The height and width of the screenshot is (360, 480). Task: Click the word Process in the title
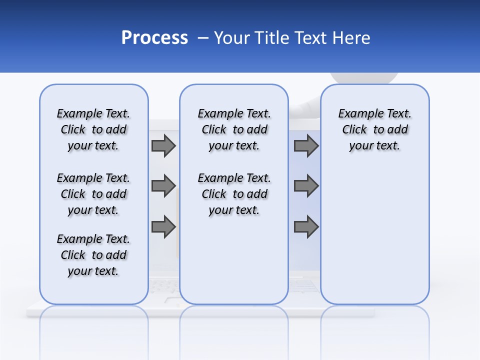tap(154, 37)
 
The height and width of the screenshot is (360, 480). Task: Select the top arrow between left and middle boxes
tap(163, 145)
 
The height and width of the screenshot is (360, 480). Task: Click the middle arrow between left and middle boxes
tap(163, 186)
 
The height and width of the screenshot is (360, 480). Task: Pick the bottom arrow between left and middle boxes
tap(163, 227)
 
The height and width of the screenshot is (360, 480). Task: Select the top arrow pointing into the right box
tap(306, 145)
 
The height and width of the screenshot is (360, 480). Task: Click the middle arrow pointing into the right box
tap(306, 186)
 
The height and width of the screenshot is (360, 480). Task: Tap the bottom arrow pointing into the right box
tap(306, 227)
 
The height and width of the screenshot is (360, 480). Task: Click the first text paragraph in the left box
tap(93, 129)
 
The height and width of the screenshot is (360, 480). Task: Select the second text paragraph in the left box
tap(93, 194)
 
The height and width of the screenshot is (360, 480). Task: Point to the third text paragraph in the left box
tap(93, 255)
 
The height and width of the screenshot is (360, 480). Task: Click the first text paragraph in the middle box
tap(234, 129)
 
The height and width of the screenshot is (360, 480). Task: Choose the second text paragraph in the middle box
tap(234, 194)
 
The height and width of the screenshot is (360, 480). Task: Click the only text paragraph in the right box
tap(374, 129)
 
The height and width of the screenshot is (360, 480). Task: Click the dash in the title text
tap(203, 37)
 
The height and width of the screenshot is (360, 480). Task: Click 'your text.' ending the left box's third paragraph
tap(93, 271)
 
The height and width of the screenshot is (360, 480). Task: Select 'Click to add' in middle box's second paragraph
tap(234, 194)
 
